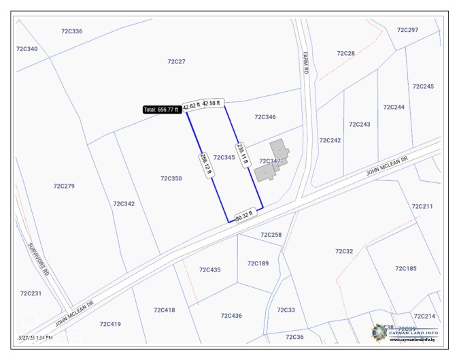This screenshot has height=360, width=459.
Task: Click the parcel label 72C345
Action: pyautogui.click(x=224, y=157)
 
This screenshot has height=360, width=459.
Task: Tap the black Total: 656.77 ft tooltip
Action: pyautogui.click(x=161, y=109)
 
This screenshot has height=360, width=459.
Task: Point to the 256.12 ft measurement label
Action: pyautogui.click(x=204, y=164)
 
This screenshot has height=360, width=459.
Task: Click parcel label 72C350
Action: pyautogui.click(x=171, y=178)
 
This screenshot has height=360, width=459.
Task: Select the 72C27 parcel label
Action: pyautogui.click(x=176, y=61)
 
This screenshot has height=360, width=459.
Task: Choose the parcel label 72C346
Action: pyautogui.click(x=265, y=117)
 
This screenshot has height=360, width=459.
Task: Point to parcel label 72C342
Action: pyautogui.click(x=124, y=203)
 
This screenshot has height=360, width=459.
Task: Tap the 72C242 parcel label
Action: pyautogui.click(x=330, y=140)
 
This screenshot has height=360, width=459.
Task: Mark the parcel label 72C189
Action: pyautogui.click(x=258, y=263)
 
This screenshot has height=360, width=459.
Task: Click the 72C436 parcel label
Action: pyautogui.click(x=231, y=316)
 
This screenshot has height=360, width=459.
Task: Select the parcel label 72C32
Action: pyautogui.click(x=344, y=251)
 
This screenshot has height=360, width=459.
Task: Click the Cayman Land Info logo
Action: pyautogui.click(x=405, y=333)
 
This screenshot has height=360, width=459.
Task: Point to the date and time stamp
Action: pyautogui.click(x=35, y=338)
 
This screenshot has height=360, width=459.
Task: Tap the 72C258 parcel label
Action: pyautogui.click(x=271, y=235)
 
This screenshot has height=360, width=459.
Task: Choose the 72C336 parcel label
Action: pyautogui.click(x=71, y=31)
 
